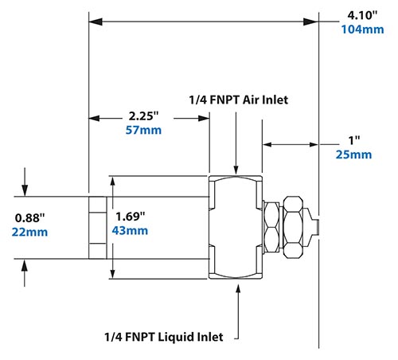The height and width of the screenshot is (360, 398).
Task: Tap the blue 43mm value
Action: (x=132, y=231)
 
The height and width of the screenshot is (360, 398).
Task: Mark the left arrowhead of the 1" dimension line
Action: (x=267, y=144)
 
